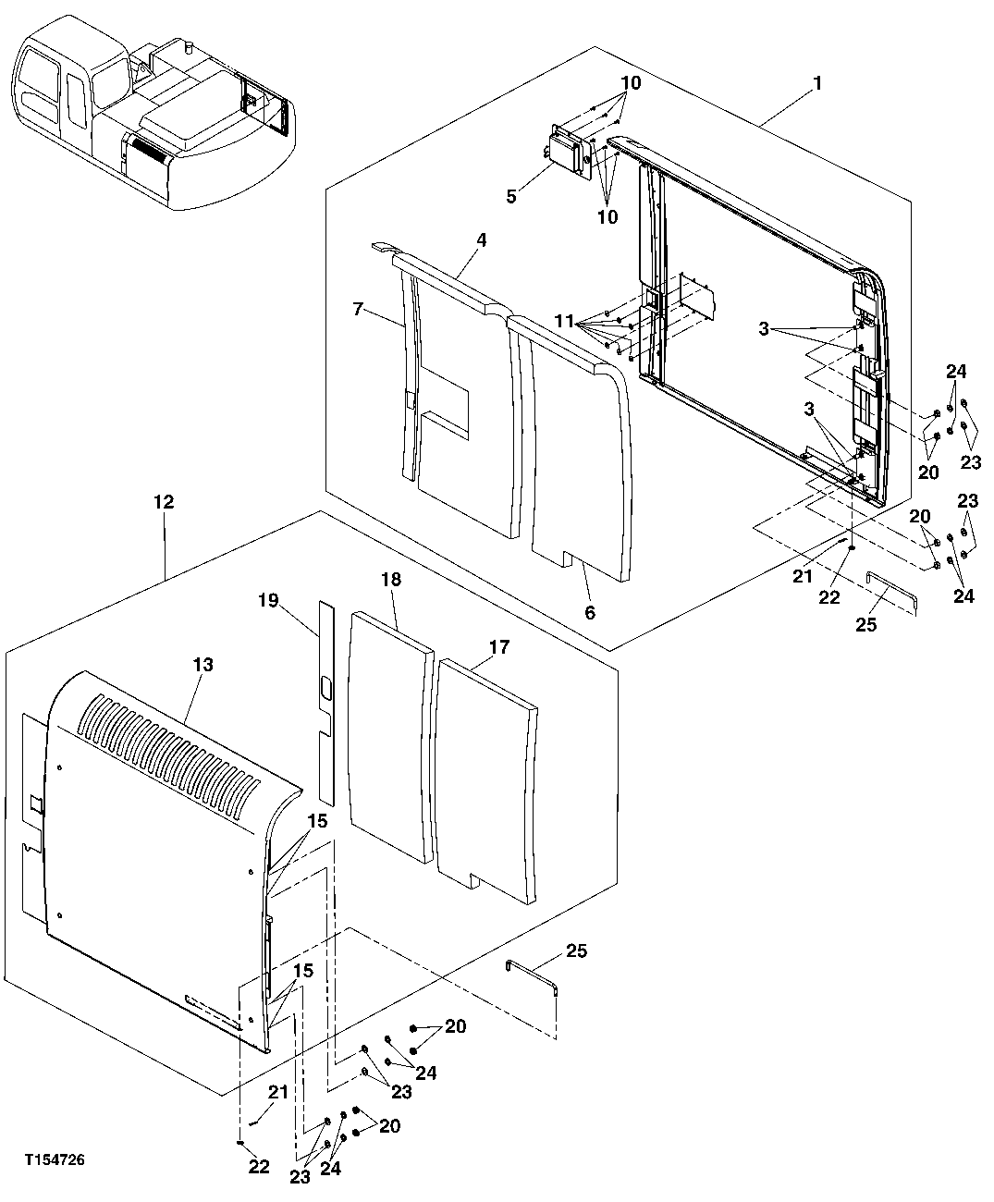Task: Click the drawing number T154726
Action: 55,1159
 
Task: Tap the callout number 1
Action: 816,83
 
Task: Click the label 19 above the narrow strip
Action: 268,602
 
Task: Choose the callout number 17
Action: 499,647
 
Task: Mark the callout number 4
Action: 481,239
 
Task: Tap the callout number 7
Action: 360,308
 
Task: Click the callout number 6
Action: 590,612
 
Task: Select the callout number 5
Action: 510,196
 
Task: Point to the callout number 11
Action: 565,322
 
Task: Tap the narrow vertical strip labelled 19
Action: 325,703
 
